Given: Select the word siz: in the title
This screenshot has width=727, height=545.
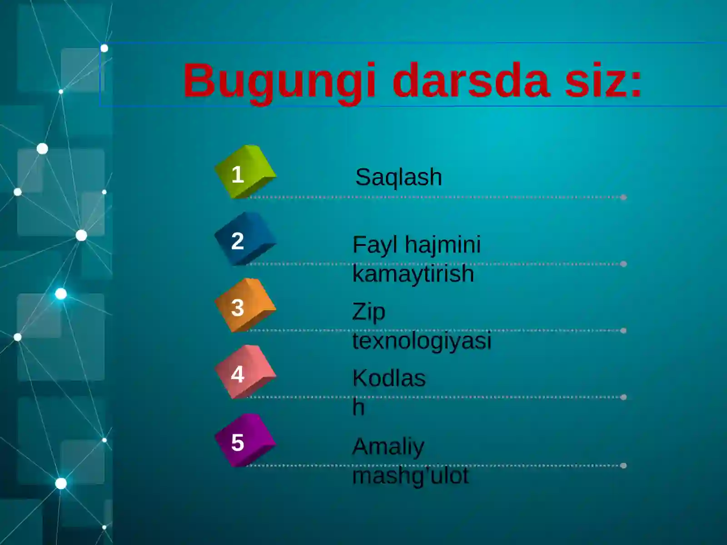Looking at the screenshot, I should (603, 81).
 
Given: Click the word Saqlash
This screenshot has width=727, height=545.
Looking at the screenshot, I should (398, 177).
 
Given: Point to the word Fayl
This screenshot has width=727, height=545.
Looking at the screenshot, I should (375, 245).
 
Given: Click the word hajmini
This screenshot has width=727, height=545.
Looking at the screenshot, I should (443, 245).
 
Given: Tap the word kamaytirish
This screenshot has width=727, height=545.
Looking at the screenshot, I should (413, 274).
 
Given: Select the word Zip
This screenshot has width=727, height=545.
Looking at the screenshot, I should (368, 312).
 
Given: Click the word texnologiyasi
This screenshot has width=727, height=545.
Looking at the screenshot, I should (422, 341).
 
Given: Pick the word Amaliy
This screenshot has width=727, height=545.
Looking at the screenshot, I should (388, 447).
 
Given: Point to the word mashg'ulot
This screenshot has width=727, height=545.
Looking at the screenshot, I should (410, 476).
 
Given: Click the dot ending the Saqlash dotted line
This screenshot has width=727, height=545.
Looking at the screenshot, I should (623, 197).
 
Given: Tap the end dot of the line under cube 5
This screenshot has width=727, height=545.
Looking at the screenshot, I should (623, 466).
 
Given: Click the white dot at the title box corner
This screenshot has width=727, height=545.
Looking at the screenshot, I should (104, 48).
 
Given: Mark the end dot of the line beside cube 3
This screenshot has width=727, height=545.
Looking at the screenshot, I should (623, 331).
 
